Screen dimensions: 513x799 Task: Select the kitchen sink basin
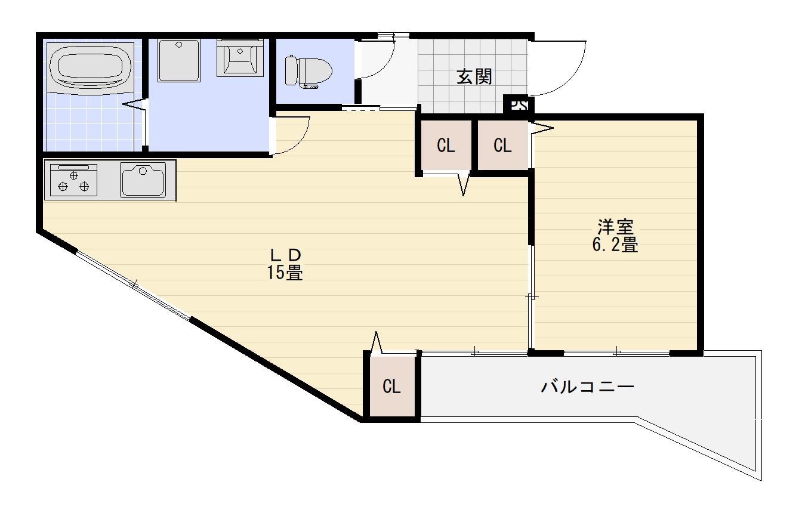(143, 180)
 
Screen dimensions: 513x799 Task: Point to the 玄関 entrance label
(474, 76)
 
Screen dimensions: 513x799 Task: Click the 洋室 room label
(615, 227)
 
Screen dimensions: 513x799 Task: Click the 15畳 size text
(284, 273)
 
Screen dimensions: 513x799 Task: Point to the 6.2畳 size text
(615, 245)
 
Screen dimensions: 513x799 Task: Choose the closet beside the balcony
(391, 387)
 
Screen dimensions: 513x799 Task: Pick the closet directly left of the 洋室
(502, 146)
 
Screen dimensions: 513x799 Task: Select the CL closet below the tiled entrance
(445, 146)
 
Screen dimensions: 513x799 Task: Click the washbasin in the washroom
(239, 57)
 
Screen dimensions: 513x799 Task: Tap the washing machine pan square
(179, 60)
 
